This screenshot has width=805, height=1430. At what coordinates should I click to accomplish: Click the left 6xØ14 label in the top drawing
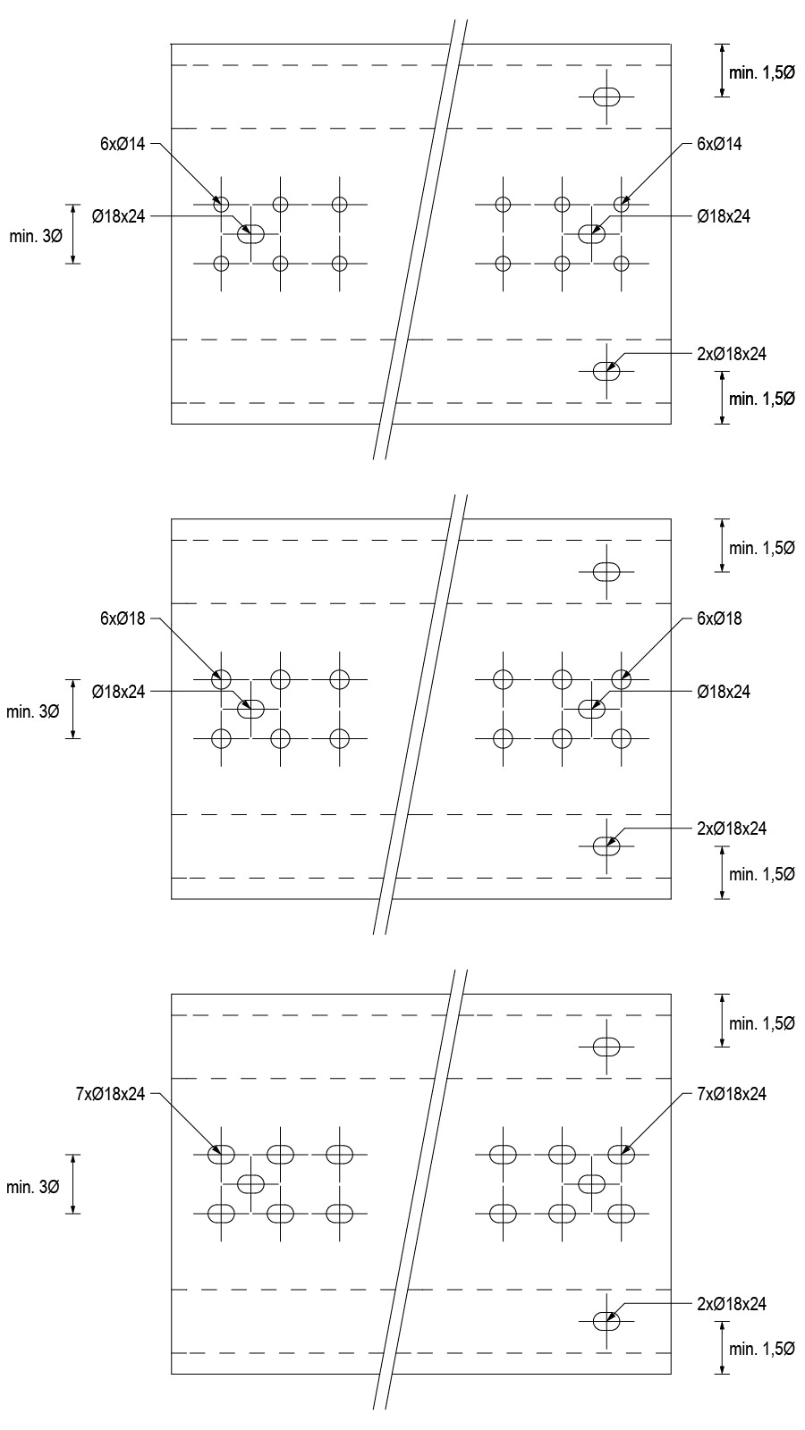coord(123,144)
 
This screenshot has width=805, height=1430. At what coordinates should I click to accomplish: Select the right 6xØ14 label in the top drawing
coord(719,144)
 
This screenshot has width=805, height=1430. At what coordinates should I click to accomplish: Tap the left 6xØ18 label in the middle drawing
coord(123,618)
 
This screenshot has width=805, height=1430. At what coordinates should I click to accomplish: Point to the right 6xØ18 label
coord(719,618)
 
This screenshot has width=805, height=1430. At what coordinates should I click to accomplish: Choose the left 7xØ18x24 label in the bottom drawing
coord(111,1094)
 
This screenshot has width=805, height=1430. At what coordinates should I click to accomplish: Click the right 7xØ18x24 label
coord(732,1094)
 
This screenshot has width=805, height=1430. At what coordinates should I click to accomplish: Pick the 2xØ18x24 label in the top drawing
coord(732,354)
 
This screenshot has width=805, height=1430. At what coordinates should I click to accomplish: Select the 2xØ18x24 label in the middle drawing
coord(732,829)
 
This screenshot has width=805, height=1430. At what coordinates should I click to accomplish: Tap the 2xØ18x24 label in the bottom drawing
coord(732,1304)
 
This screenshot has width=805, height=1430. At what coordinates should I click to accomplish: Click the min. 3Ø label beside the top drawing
coord(36,237)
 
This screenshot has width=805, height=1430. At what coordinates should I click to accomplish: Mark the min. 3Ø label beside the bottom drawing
coord(32,1188)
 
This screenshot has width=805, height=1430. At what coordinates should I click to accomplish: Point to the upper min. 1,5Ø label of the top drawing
coord(762,72)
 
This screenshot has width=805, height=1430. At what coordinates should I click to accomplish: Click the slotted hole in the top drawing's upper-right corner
coord(606,97)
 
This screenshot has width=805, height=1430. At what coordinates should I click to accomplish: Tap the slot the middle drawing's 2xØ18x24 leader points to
coord(606,845)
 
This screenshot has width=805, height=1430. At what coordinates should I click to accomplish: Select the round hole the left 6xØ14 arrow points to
coord(221,205)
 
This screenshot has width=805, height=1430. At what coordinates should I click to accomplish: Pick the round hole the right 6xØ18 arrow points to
coord(622,679)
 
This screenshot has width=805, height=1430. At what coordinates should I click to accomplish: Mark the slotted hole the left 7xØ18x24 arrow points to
coord(221,1155)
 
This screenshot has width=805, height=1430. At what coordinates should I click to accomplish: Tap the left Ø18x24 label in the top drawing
coord(119,217)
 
